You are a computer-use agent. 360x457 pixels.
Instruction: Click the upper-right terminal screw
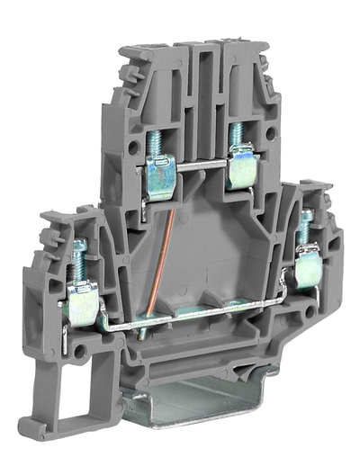[x=237, y=135]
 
